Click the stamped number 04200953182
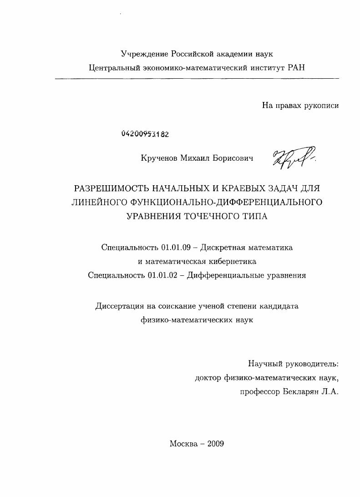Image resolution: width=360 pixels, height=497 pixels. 145,134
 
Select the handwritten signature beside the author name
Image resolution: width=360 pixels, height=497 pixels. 294,158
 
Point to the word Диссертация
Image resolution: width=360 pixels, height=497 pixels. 119,306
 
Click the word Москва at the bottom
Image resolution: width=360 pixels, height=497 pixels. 183,444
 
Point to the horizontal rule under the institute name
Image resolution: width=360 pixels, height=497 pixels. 197,79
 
